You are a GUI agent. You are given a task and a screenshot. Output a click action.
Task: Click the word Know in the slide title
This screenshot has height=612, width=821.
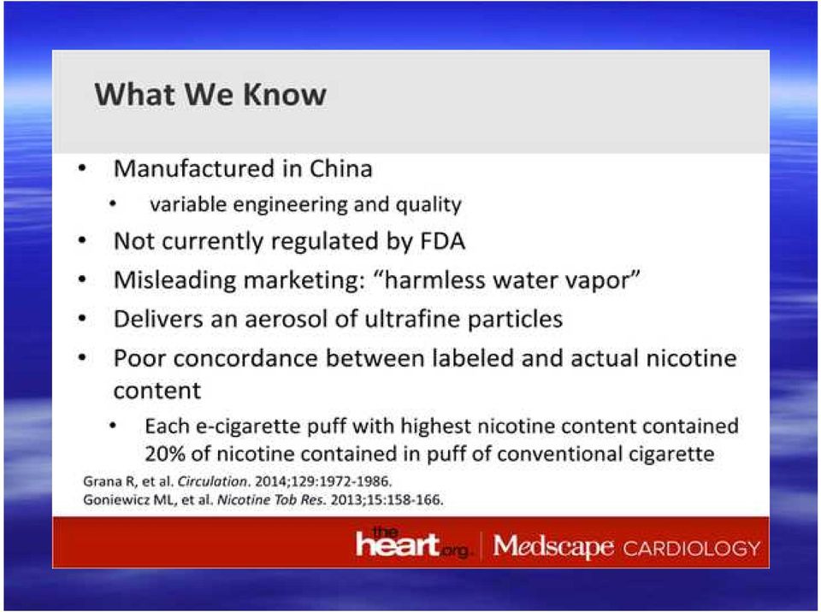pyautogui.click(x=285, y=95)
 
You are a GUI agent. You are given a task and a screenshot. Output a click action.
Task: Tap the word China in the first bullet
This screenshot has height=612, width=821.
pyautogui.click(x=341, y=168)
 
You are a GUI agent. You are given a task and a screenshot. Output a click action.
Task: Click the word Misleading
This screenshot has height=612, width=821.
pyautogui.click(x=174, y=280)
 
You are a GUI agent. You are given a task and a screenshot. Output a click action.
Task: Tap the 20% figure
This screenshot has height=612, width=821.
pyautogui.click(x=165, y=453)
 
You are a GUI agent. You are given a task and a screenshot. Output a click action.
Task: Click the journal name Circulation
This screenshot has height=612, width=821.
pyautogui.click(x=213, y=481)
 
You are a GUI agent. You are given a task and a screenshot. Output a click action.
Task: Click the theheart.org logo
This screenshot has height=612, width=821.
pyautogui.click(x=411, y=543)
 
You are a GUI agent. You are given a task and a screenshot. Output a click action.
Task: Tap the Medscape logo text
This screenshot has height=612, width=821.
pyautogui.click(x=553, y=546)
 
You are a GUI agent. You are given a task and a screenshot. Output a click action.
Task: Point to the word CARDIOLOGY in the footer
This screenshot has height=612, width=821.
pyautogui.click(x=692, y=548)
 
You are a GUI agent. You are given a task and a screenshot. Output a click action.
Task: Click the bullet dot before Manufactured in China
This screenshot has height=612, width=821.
pyautogui.click(x=82, y=168)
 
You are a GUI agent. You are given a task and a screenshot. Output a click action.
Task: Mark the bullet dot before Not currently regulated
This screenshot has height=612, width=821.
pyautogui.click(x=82, y=241)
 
